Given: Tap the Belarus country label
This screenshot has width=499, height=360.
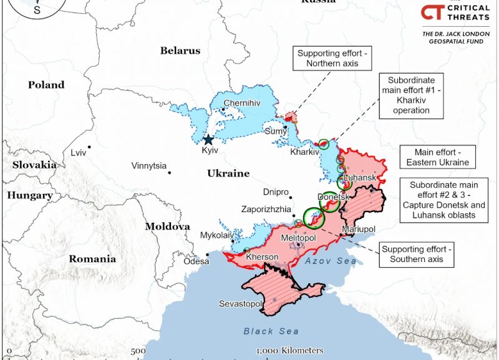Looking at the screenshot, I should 180,51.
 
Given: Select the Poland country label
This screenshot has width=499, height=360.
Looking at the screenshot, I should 46,85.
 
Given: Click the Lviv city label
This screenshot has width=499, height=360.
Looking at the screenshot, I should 79,152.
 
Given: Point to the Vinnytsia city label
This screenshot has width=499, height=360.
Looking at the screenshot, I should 149,166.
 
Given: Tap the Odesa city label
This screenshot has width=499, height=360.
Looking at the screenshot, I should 196,261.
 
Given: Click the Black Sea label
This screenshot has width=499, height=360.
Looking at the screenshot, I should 271,331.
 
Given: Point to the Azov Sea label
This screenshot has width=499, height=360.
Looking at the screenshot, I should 331,261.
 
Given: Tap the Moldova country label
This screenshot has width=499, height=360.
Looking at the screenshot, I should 167,226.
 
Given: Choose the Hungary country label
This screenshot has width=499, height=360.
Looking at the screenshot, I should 30,195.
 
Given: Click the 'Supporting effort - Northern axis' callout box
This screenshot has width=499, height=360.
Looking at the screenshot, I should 332,59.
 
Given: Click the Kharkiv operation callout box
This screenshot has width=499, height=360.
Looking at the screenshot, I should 411,95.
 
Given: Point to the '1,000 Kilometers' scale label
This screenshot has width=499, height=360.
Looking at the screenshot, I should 289,351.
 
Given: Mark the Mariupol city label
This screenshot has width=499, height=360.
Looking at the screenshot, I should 359,230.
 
